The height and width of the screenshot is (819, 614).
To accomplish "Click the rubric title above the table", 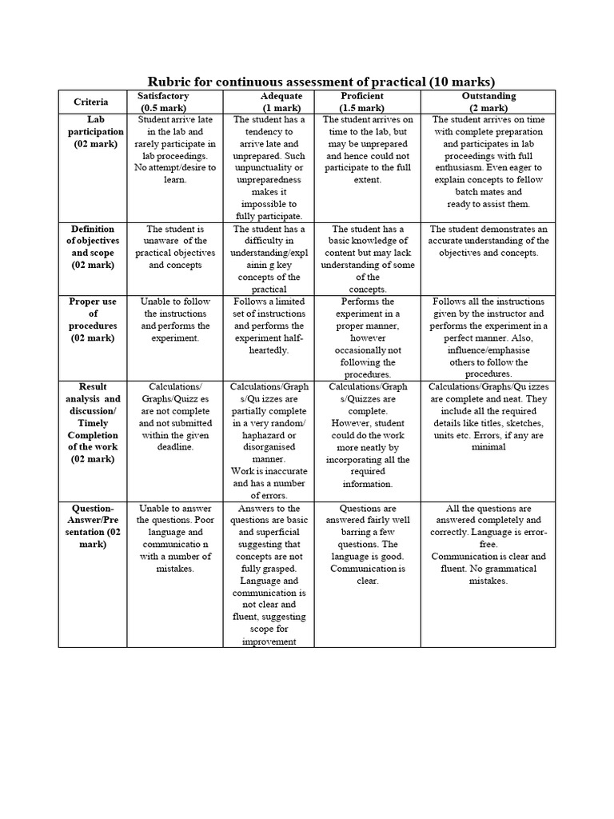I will (x=321, y=82).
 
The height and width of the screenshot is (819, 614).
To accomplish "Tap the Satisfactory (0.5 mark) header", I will (x=165, y=102).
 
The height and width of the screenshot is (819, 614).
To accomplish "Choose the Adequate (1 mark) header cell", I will (x=269, y=102).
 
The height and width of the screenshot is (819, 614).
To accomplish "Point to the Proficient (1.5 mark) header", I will (x=362, y=102).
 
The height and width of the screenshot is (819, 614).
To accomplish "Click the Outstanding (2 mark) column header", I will (x=488, y=102).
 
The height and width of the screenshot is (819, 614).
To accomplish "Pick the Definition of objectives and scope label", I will (x=96, y=246).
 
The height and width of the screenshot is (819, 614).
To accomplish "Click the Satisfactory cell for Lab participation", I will (x=175, y=150).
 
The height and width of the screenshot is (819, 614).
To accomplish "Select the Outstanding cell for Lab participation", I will (x=488, y=162).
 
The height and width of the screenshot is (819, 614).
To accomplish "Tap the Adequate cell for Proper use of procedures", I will (x=269, y=326).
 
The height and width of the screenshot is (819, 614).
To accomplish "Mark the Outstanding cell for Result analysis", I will (x=488, y=417).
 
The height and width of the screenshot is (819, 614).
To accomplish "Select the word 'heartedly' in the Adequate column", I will (x=269, y=350).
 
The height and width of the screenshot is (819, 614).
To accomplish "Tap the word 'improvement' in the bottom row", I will (x=269, y=641).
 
